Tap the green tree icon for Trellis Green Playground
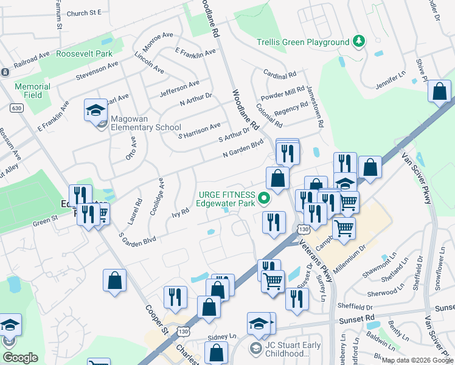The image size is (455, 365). (x=360, y=41)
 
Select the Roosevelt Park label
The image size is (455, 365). (x=85, y=54)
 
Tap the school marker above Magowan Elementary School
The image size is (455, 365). (x=96, y=111)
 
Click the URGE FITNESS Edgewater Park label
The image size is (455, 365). (x=225, y=199)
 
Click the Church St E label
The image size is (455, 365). (x=85, y=13)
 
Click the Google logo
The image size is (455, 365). (x=20, y=358)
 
